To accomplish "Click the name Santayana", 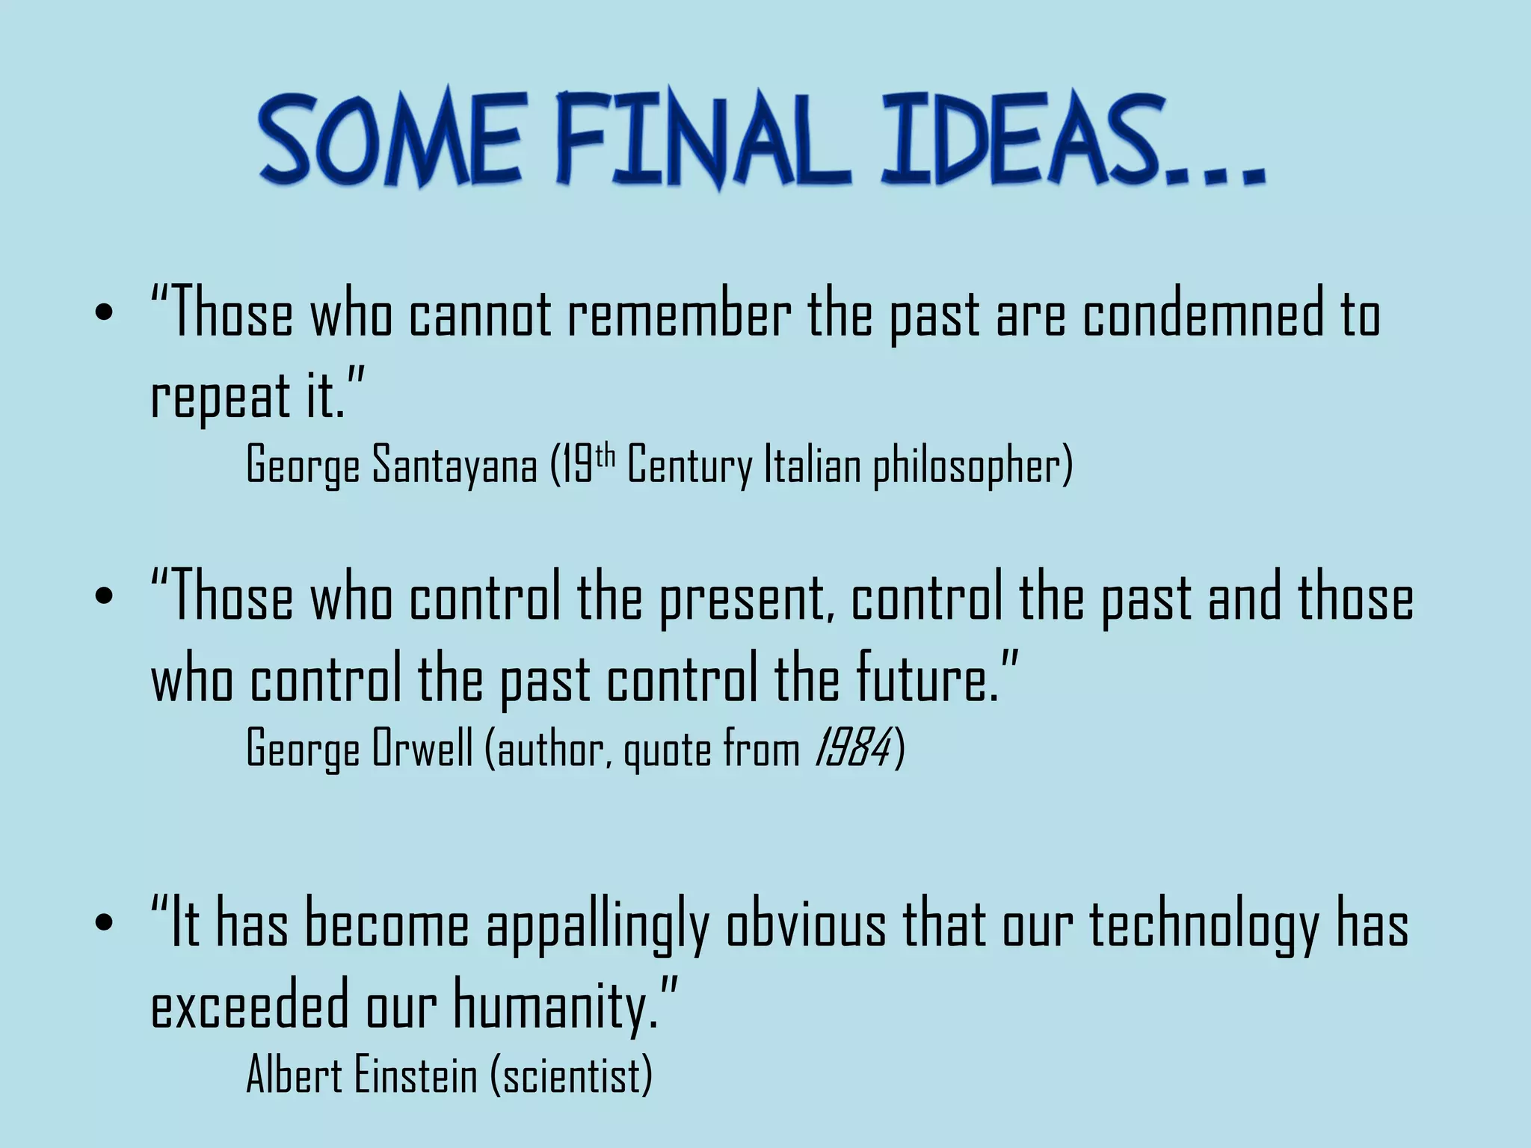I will click(455, 465).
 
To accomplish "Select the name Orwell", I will click(422, 747).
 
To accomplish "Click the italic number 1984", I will click(852, 747).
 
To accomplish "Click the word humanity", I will click(555, 1007).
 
